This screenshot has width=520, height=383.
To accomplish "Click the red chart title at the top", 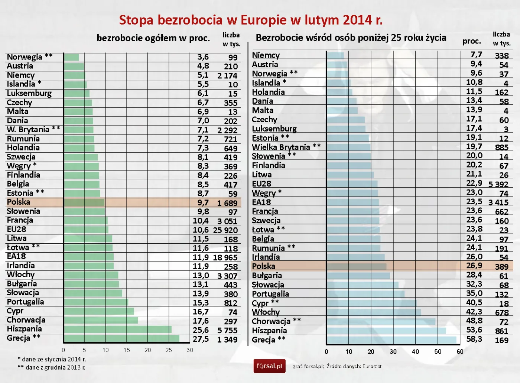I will (251, 20).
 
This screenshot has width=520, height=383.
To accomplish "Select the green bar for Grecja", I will (121, 338).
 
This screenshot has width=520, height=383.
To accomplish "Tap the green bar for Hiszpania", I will (118, 330).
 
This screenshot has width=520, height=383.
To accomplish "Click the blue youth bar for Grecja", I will (391, 340).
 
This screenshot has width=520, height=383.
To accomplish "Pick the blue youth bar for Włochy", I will (374, 312).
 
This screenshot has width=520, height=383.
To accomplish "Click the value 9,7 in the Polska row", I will (203, 203).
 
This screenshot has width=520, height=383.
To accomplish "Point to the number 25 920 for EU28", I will (225, 230).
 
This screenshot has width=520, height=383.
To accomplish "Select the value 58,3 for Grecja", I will (474, 339).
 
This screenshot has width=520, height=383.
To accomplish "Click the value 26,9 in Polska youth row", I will (474, 266).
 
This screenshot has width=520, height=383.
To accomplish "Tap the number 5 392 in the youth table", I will (498, 184).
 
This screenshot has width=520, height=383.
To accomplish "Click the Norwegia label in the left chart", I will (25, 57).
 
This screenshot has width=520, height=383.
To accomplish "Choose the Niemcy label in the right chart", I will (266, 55).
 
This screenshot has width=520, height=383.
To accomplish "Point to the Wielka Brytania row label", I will (281, 147).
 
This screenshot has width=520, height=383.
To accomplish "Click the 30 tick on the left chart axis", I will (190, 350).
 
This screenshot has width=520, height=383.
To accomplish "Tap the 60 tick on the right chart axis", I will (460, 352).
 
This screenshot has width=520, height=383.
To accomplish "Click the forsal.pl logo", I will (269, 366).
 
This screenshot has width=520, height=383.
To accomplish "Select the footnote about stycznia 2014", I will (52, 359).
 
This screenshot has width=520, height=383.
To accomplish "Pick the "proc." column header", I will (472, 41).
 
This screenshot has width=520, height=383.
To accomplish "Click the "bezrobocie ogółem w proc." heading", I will (153, 38).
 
